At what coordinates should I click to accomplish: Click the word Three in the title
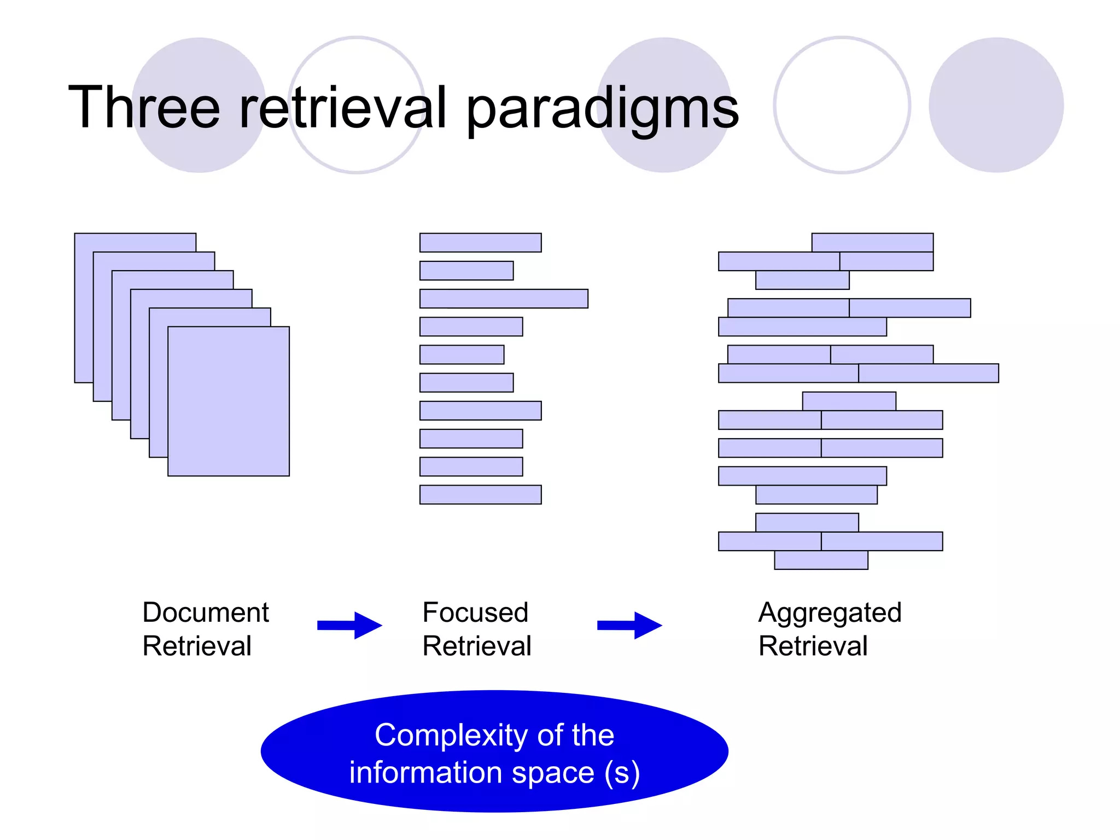pos(144,108)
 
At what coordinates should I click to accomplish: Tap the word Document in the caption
pos(206,612)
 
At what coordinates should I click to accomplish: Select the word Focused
pos(475,612)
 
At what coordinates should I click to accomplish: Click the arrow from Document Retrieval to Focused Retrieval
pos(350,625)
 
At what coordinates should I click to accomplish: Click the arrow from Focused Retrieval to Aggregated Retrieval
pos(630,625)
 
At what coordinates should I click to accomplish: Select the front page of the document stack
pos(229,401)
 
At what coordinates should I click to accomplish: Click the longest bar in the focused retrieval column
pos(504,299)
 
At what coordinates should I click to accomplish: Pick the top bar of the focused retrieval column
pos(480,243)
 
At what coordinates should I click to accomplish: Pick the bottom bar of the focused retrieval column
pos(480,494)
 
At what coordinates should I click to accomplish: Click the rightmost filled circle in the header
pos(996,105)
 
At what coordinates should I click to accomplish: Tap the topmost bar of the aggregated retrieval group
pos(872,242)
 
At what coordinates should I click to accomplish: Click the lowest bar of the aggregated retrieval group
pos(821,560)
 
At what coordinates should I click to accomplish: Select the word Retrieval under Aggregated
pos(813,646)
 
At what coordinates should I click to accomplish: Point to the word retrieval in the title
pos(343,108)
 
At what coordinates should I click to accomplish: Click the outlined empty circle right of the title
pos(842,105)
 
